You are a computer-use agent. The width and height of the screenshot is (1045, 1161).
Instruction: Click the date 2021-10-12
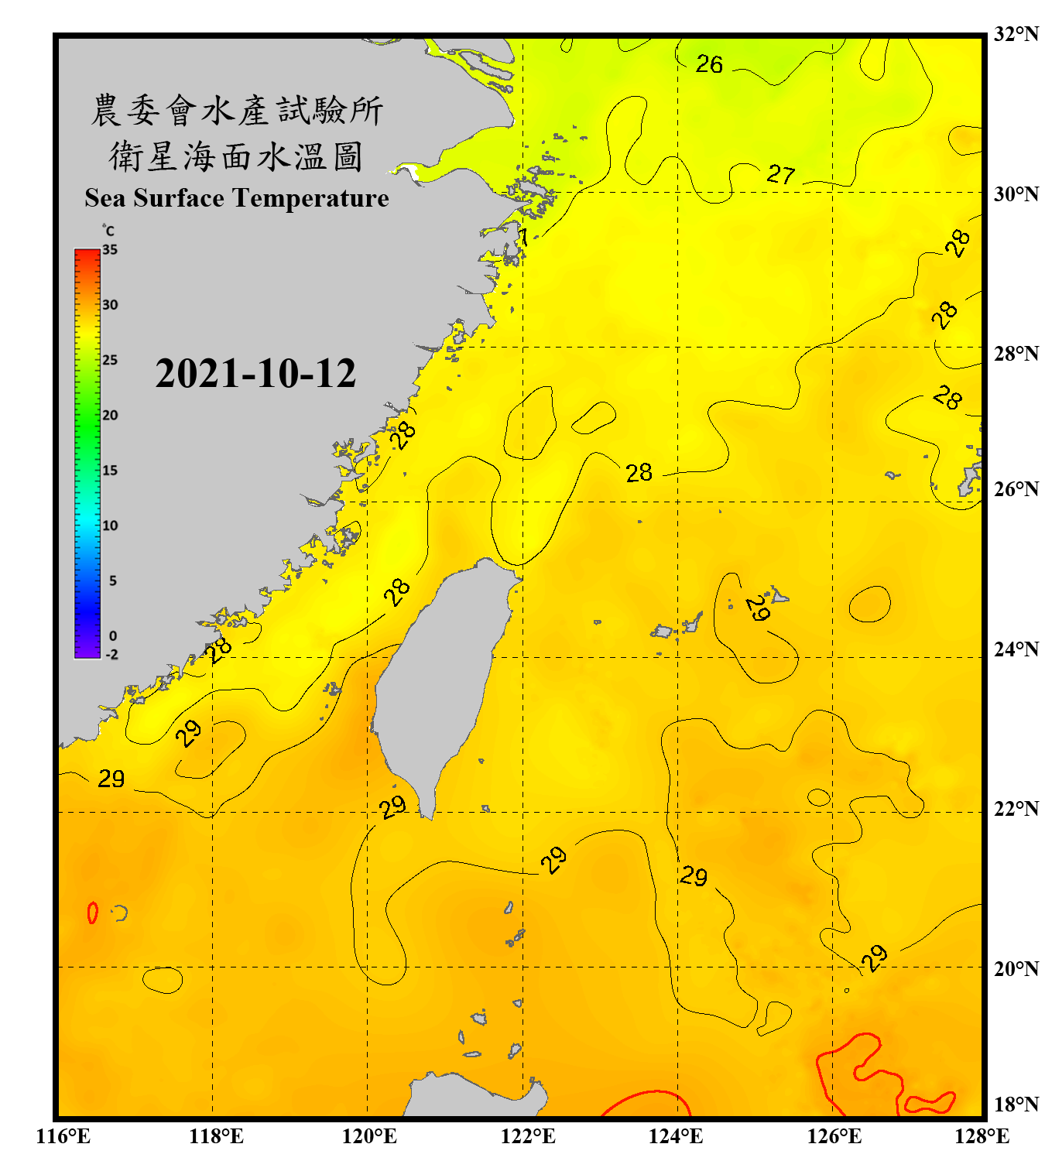tap(255, 374)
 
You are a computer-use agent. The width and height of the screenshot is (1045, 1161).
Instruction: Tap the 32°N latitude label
tap(1016, 34)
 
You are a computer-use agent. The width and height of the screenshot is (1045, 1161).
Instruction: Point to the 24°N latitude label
tap(1016, 649)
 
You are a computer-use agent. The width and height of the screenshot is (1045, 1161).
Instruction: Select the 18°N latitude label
tap(1016, 1104)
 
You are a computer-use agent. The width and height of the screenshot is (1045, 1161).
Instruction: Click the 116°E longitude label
tap(63, 1136)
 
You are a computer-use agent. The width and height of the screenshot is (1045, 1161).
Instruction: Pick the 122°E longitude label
tap(528, 1136)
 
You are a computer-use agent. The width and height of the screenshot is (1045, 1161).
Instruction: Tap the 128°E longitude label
tap(982, 1136)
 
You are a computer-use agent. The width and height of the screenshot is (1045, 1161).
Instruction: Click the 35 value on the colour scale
tap(110, 249)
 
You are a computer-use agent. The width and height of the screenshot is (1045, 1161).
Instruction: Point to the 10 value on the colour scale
tap(110, 526)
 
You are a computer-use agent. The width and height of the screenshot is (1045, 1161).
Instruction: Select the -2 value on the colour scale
tap(111, 655)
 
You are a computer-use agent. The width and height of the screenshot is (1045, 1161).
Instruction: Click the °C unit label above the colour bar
tap(108, 231)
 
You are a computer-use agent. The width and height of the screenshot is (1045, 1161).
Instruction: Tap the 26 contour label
tap(709, 64)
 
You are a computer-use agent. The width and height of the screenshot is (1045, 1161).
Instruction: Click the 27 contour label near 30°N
tap(781, 174)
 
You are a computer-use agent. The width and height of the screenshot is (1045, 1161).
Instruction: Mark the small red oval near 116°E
tap(93, 913)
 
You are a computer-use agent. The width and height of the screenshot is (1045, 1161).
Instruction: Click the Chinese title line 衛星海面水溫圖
tap(236, 156)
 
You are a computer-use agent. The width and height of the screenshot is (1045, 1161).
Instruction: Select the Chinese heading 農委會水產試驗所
tap(236, 111)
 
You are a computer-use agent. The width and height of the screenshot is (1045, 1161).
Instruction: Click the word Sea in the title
tap(105, 198)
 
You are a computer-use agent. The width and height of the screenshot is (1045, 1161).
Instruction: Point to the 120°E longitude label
tap(369, 1136)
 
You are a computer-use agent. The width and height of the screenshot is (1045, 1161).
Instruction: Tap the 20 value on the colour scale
tap(110, 415)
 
